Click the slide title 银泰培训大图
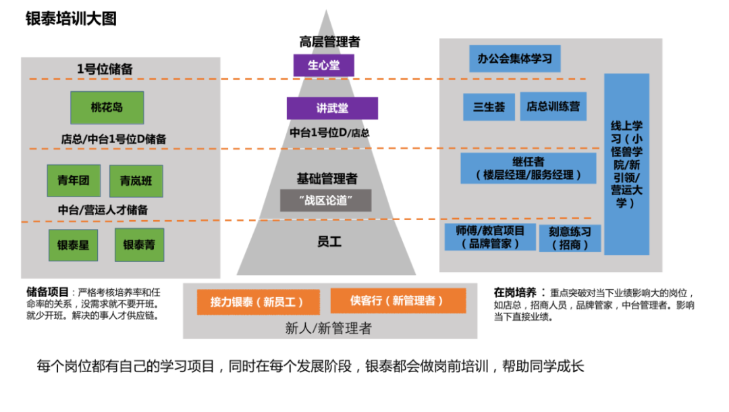click(71, 18)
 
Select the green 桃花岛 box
click(107, 107)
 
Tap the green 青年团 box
click(74, 180)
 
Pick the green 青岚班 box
click(136, 181)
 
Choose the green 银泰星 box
click(73, 245)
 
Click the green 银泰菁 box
click(139, 245)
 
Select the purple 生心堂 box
click(323, 66)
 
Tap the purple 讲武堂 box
click(332, 108)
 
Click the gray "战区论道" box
click(326, 200)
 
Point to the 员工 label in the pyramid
click(329, 242)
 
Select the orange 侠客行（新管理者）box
click(398, 301)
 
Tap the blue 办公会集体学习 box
click(514, 59)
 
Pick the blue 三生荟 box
click(489, 107)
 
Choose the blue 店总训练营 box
click(553, 106)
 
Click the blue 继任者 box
click(529, 168)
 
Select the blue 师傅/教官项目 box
click(489, 237)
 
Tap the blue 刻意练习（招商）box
click(570, 238)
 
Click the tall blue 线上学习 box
click(626, 164)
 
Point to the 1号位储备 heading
click(105, 69)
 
